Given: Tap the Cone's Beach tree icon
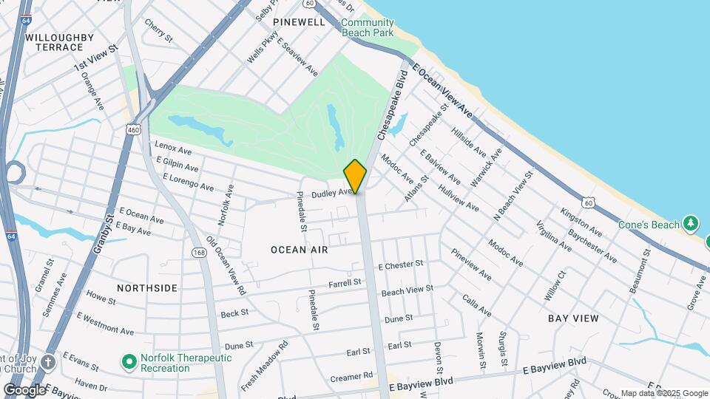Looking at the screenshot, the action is click(x=691, y=222).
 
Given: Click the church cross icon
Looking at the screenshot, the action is click(x=49, y=362).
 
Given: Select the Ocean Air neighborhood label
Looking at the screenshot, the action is click(x=299, y=250).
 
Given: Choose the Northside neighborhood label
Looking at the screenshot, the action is click(x=147, y=287).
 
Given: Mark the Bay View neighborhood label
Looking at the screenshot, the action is click(x=573, y=318).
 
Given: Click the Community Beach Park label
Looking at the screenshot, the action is click(x=368, y=28).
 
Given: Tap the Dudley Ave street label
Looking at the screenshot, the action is click(x=331, y=194).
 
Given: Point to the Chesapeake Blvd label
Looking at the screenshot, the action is click(x=393, y=105).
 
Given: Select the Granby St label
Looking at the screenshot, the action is click(x=101, y=236).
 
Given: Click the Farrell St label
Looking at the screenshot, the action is click(x=345, y=282).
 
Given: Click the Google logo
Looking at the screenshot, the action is click(x=24, y=389).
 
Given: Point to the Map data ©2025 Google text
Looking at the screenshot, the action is click(x=664, y=393).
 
